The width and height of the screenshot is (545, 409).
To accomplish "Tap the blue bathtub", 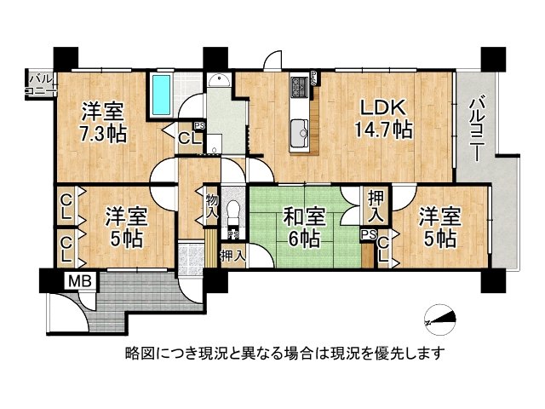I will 160,95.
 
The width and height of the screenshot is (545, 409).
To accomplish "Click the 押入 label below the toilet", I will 232,253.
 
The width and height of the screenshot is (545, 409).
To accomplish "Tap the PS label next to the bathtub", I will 198,124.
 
